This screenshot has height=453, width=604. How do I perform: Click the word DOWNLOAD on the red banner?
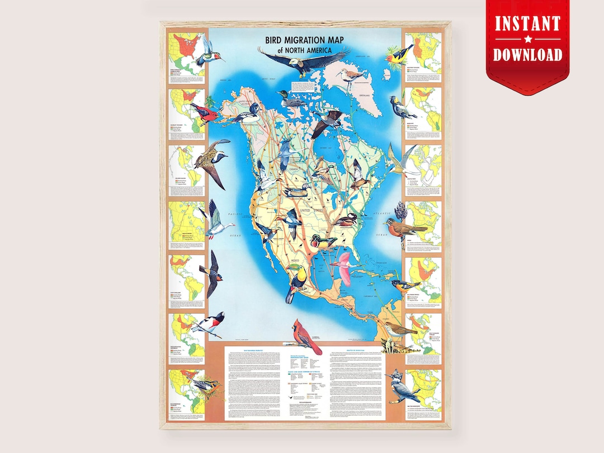(527, 55)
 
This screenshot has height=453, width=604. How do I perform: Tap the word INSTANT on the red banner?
(527, 25)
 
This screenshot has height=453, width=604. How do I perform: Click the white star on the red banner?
(527, 40)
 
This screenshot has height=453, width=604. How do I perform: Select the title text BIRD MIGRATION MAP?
(306, 41)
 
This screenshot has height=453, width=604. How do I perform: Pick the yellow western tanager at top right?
(397, 56)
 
